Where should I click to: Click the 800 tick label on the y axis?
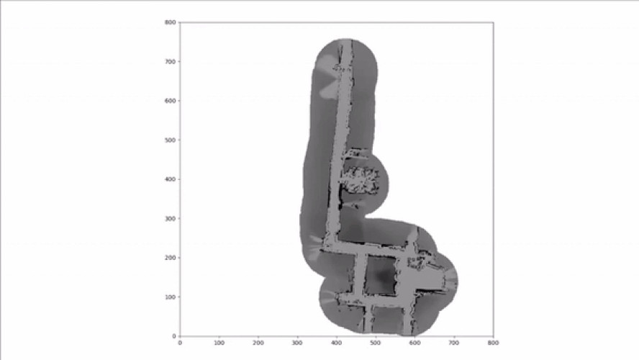[171, 22]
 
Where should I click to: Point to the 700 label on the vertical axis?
[171, 62]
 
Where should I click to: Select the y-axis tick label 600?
[171, 101]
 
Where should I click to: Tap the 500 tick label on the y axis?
[171, 140]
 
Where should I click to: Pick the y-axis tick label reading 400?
[171, 179]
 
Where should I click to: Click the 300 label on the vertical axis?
[171, 219]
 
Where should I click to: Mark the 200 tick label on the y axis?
[171, 258]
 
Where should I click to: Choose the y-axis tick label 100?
[171, 297]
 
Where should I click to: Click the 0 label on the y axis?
[174, 336]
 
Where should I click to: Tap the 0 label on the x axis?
[180, 343]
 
